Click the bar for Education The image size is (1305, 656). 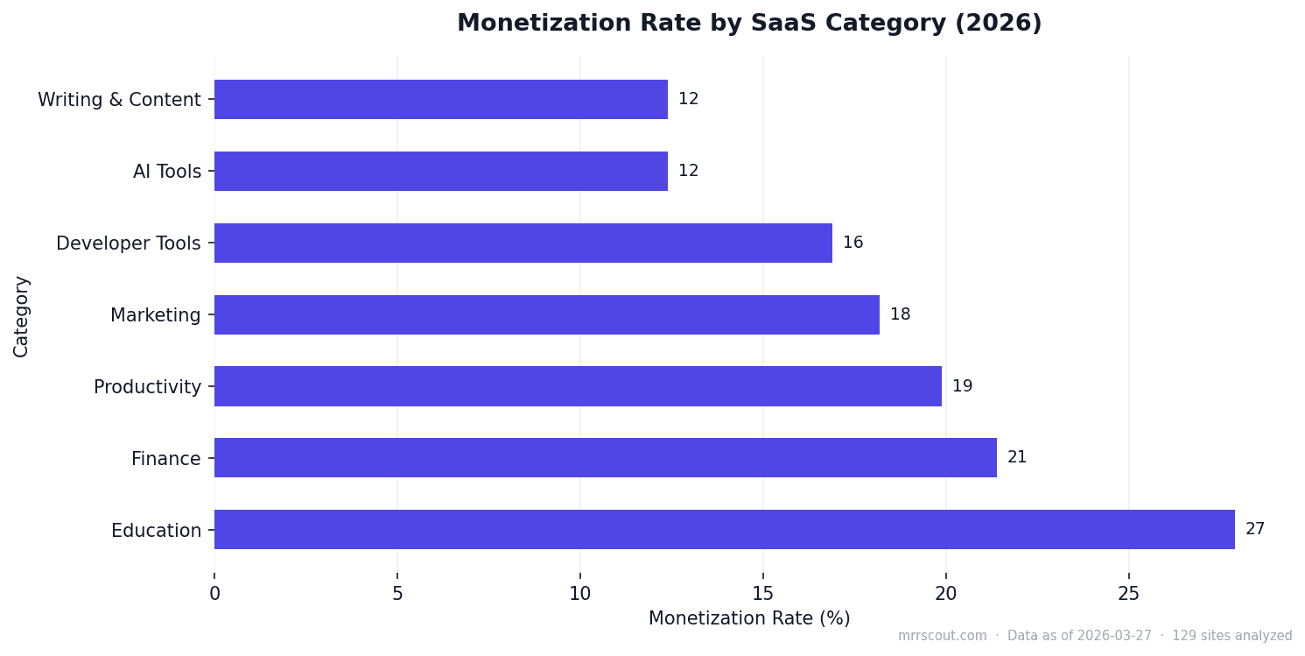(724, 529)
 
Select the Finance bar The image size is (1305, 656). (605, 457)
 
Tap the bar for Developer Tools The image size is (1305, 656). (523, 243)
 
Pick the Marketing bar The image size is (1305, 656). (546, 314)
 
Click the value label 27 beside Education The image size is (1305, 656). (1254, 529)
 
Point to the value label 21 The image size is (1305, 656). (1016, 457)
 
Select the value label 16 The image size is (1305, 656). (852, 243)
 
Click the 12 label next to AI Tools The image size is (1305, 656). (688, 171)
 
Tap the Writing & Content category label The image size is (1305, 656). (119, 100)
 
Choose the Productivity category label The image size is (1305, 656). (147, 387)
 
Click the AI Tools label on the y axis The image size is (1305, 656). (166, 172)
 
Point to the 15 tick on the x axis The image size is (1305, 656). (762, 594)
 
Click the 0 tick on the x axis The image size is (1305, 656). (214, 594)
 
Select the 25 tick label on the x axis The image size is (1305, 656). (1128, 594)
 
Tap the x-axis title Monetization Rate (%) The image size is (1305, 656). (749, 618)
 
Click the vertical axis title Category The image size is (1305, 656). (21, 315)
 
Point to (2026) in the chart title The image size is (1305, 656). (998, 24)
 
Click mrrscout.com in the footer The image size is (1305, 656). (942, 636)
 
